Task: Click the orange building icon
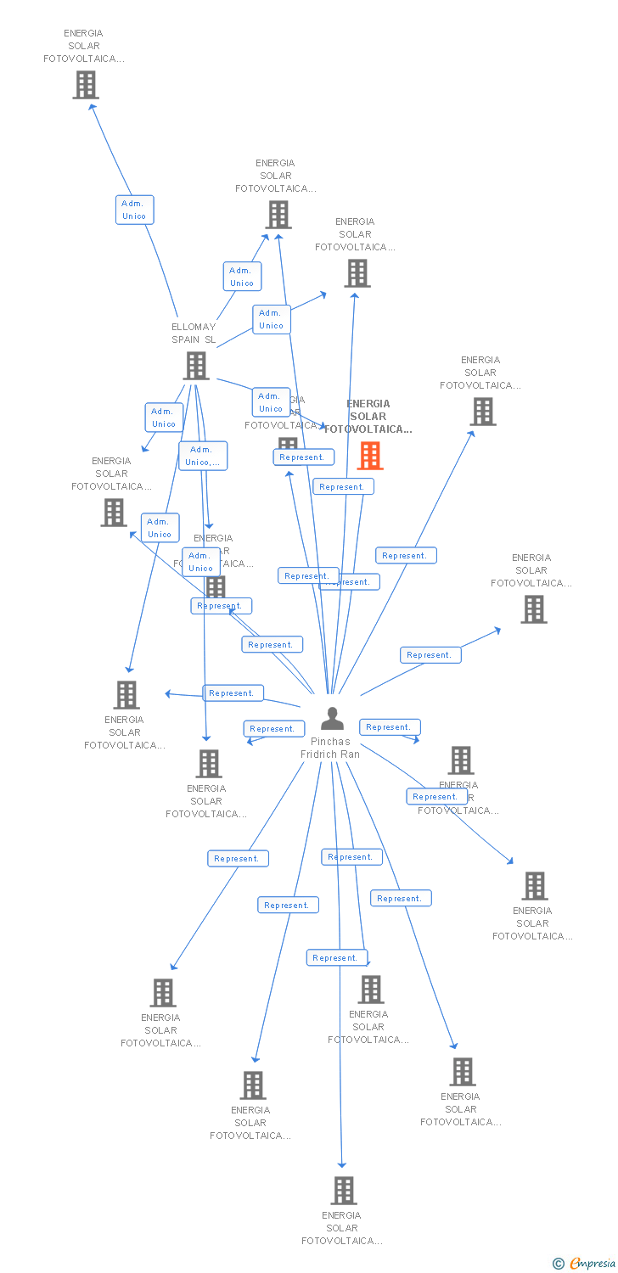pos(370,456)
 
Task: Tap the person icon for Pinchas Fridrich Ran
pos(332,719)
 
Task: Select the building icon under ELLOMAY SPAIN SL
pos(196,366)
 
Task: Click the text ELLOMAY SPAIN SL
pos(194,333)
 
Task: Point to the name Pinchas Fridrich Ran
pos(330,748)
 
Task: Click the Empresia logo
pos(593,1264)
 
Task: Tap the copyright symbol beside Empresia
pos(559,1264)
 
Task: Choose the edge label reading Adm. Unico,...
pos(203,456)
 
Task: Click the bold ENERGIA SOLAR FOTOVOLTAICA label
pos(368,417)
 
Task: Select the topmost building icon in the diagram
pos(86,85)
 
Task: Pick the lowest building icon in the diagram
pos(344,1191)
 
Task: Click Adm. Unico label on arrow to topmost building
pos(134,210)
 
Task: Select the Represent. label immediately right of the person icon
pos(390,727)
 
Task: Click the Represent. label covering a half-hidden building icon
pos(303,457)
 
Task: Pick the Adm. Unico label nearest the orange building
pos(271,402)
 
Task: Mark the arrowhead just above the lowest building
pos(342,1164)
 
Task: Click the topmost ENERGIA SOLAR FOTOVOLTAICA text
pos(83,46)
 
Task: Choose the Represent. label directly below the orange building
pos(343,486)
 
